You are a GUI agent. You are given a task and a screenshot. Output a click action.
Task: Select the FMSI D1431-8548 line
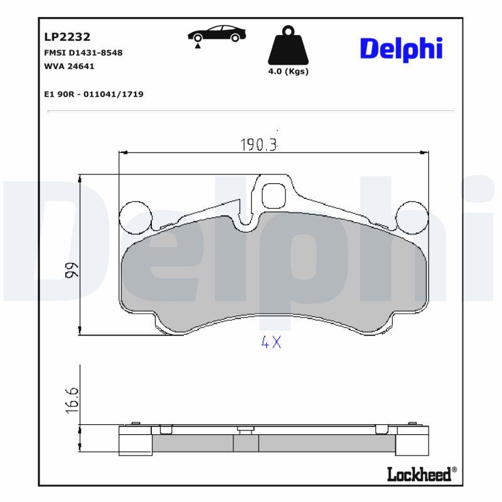tap(83, 53)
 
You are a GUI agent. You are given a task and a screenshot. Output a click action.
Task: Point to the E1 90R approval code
tap(93, 94)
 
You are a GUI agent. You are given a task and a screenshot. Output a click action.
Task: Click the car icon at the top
tap(216, 34)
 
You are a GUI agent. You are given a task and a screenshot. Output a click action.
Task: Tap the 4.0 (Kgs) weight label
tap(288, 72)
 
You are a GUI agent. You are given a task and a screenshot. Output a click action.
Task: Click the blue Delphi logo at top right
tap(402, 48)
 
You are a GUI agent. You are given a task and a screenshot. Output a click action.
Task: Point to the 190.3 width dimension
tap(258, 145)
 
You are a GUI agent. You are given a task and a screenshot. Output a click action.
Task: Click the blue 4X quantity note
tap(270, 343)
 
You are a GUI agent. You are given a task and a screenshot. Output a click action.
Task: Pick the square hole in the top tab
tap(273, 196)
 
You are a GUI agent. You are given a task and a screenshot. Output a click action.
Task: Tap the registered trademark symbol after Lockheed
tap(454, 470)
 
